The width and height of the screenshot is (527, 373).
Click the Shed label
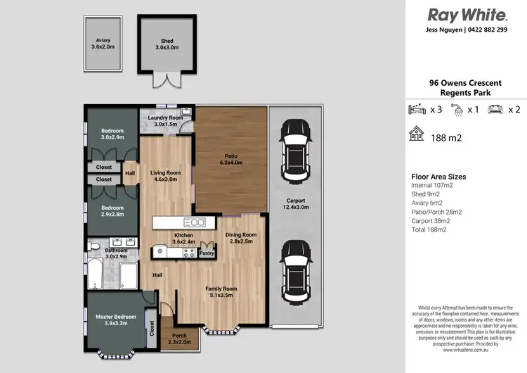166,44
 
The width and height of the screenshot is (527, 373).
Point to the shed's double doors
166,80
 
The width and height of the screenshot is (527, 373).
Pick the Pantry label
207,253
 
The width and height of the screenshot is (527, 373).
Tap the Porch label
179,339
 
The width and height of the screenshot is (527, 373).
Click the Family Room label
221,291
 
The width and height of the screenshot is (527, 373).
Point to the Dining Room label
241,238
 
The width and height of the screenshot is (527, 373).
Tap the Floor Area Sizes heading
438,177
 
